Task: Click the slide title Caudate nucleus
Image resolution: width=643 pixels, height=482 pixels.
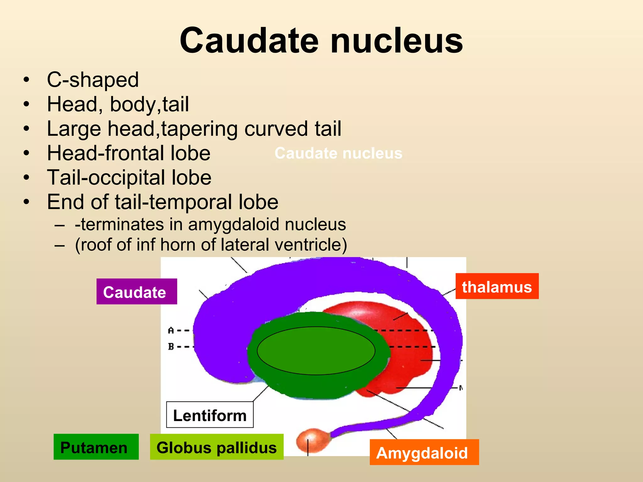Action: click(x=321, y=41)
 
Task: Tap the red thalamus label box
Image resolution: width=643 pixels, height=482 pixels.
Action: click(x=497, y=286)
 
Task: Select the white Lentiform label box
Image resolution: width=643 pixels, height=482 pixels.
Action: click(x=210, y=415)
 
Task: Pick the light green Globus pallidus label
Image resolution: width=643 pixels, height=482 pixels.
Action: click(x=217, y=447)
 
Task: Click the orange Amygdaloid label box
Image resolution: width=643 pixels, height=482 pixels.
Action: click(x=424, y=452)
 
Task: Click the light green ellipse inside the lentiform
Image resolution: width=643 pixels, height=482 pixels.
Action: click(x=316, y=351)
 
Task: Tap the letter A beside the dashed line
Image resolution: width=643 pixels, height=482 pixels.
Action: click(x=171, y=330)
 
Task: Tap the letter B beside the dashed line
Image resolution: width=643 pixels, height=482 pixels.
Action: click(x=171, y=346)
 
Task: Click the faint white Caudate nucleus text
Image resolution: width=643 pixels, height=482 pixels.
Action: click(x=338, y=153)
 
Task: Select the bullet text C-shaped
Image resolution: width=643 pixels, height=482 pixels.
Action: click(x=93, y=80)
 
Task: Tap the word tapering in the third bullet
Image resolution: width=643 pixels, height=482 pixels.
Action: click(x=199, y=129)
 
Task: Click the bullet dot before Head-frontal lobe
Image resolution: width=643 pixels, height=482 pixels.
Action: click(x=26, y=153)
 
